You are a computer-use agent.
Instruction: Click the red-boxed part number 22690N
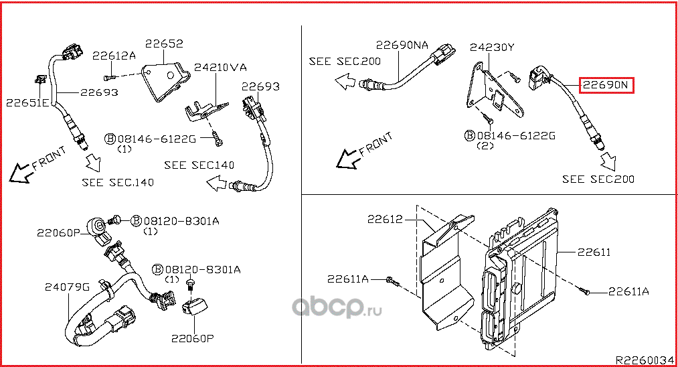click(x=606, y=86)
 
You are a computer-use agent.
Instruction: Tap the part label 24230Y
click(x=492, y=48)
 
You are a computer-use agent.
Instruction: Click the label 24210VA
click(x=221, y=68)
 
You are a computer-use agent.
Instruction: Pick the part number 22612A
click(x=114, y=56)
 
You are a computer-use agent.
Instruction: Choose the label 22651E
click(x=27, y=103)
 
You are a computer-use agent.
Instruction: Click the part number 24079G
click(x=67, y=287)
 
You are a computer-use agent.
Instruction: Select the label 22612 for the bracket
click(x=384, y=219)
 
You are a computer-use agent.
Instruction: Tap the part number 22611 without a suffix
click(x=594, y=252)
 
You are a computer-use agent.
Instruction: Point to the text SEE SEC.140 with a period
click(x=118, y=182)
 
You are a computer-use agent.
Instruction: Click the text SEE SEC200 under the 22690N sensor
click(x=598, y=179)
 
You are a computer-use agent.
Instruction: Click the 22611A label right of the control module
click(x=628, y=291)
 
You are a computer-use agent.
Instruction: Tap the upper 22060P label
click(x=58, y=232)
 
